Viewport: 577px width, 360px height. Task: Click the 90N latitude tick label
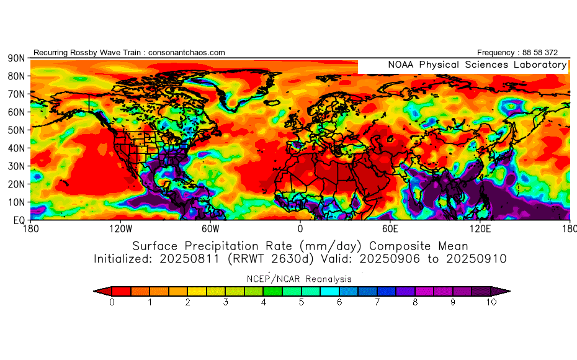[x=16, y=58]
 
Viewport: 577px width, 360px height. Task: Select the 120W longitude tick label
[x=120, y=228]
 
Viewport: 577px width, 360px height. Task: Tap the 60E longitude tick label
[x=390, y=228]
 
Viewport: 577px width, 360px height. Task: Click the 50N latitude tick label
[x=16, y=130]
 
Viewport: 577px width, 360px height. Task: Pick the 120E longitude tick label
[x=479, y=228]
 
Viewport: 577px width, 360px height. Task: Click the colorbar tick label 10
[x=491, y=302]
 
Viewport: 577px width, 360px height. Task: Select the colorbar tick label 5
[x=302, y=302]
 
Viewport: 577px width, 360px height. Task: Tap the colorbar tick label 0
[x=112, y=302]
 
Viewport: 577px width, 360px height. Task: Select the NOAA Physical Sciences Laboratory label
[x=476, y=65]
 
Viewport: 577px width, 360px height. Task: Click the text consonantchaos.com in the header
[x=187, y=53]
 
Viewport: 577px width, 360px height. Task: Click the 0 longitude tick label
[x=300, y=228]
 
